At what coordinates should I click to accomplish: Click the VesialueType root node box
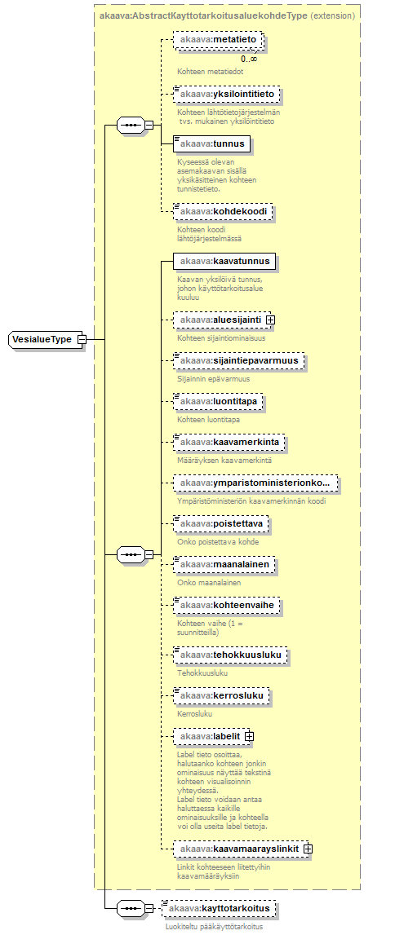43,340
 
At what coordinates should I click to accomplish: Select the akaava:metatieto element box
218,40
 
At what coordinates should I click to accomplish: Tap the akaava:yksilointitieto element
225,95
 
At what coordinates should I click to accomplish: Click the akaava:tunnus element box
211,143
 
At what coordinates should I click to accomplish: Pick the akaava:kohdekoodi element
223,212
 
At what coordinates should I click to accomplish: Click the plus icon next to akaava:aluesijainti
270,320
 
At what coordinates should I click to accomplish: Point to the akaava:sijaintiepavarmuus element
238,361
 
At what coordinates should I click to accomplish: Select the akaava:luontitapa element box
217,403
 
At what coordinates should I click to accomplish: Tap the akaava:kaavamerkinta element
229,442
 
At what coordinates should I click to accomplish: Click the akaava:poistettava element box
221,524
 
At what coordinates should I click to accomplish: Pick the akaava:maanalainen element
224,563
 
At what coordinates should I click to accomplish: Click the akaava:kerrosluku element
221,696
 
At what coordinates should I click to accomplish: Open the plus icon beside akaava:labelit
249,736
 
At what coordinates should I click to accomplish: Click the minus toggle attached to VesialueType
82,340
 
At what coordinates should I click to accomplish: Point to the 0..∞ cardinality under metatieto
249,59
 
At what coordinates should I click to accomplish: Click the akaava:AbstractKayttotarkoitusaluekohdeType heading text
203,15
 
